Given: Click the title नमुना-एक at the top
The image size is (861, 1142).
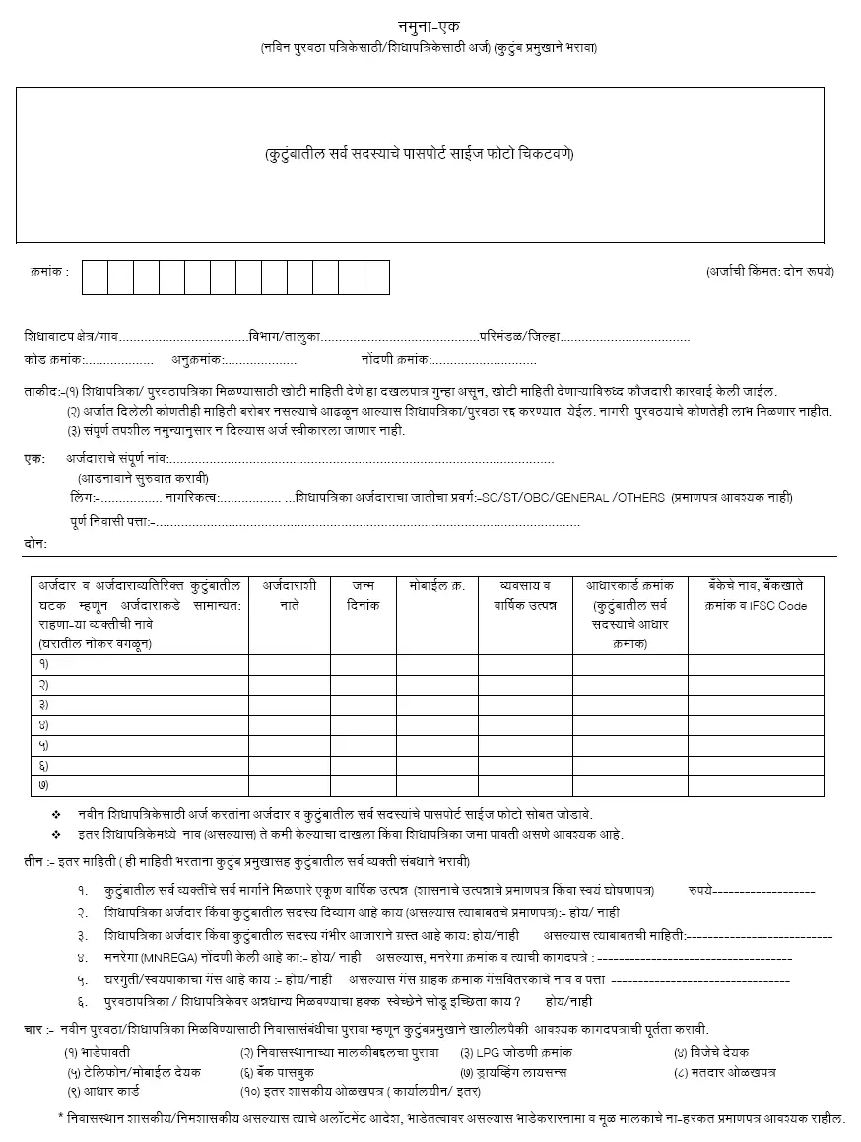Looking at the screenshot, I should point(430,26).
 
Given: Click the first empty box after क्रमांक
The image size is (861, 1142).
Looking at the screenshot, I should point(95,277).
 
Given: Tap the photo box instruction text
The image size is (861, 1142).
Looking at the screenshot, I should point(419,154).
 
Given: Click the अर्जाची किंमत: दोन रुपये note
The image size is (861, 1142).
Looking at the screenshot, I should point(770,270).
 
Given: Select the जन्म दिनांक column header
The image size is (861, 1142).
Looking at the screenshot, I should point(363,596).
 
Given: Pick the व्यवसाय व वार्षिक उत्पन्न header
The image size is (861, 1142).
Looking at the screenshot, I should point(525,596).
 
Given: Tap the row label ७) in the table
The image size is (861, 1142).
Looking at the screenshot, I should point(44,785).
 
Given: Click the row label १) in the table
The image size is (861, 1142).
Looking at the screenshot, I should point(44,663).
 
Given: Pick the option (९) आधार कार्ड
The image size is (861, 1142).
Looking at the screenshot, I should point(102,1092).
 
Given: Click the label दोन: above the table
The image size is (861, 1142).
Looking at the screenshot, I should point(35,543).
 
